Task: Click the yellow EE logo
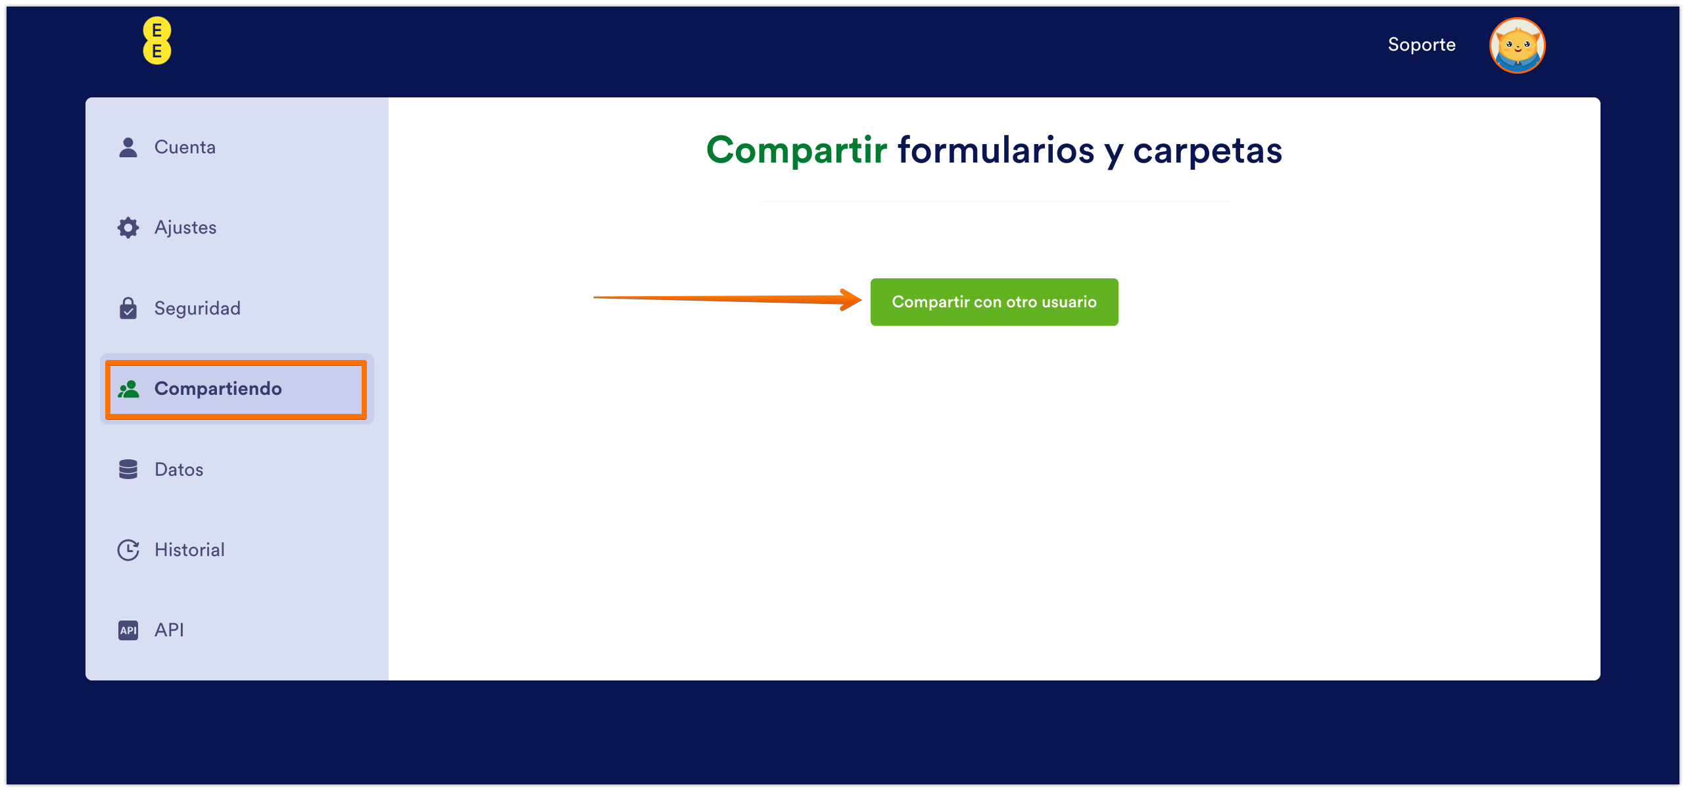[157, 41]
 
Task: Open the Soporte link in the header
[1422, 45]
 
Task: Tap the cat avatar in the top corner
[1517, 45]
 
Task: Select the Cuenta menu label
[185, 147]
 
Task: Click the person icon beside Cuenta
[128, 147]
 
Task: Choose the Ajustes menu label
[185, 228]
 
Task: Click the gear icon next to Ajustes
[128, 228]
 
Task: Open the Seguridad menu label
[197, 309]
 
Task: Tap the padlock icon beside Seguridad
[128, 308]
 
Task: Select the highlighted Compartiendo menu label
[218, 389]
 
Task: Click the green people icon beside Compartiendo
[128, 390]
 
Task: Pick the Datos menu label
[179, 469]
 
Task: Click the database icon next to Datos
[128, 469]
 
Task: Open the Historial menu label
[189, 549]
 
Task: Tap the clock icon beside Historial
[128, 550]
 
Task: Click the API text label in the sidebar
[169, 630]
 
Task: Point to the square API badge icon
[128, 630]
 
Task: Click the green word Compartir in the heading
[797, 150]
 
